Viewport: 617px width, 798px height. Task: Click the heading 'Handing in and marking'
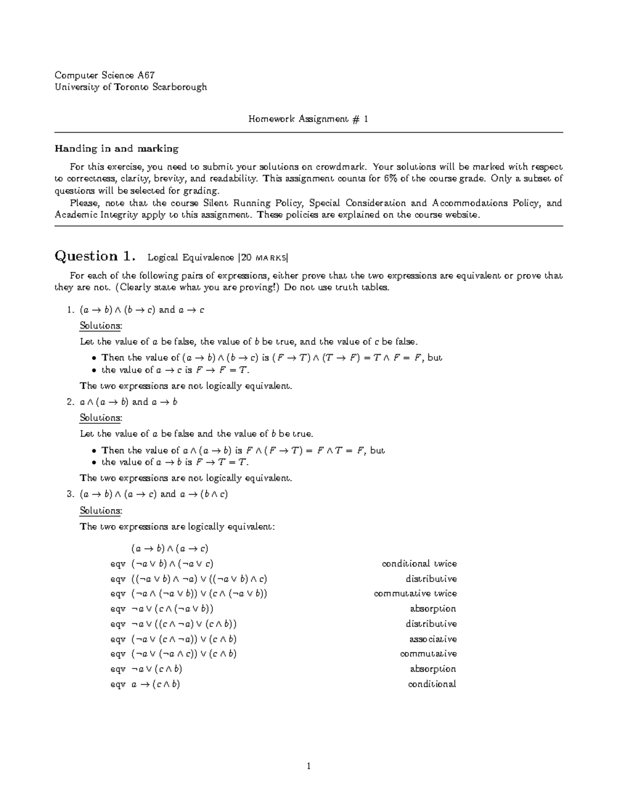[x=117, y=149]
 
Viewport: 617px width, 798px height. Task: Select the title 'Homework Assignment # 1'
[x=308, y=119]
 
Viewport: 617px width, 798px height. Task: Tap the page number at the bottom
[x=308, y=767]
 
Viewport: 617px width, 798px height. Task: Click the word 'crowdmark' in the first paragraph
[x=341, y=167]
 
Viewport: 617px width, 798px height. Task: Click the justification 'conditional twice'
[x=419, y=564]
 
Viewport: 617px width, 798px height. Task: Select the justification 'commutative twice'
[x=415, y=593]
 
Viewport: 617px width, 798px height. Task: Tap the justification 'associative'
[x=432, y=639]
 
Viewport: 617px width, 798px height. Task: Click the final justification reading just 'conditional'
[x=432, y=684]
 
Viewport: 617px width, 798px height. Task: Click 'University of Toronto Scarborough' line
[x=131, y=87]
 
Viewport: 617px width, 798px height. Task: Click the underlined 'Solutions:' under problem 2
[x=101, y=418]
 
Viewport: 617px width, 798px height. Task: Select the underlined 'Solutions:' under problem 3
[x=101, y=510]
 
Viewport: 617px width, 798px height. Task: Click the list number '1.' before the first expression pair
[x=71, y=310]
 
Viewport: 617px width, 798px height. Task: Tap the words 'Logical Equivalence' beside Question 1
[x=191, y=257]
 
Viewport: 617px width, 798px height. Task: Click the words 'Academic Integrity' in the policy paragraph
[x=96, y=215]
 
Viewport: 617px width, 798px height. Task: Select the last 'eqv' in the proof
[x=118, y=684]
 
